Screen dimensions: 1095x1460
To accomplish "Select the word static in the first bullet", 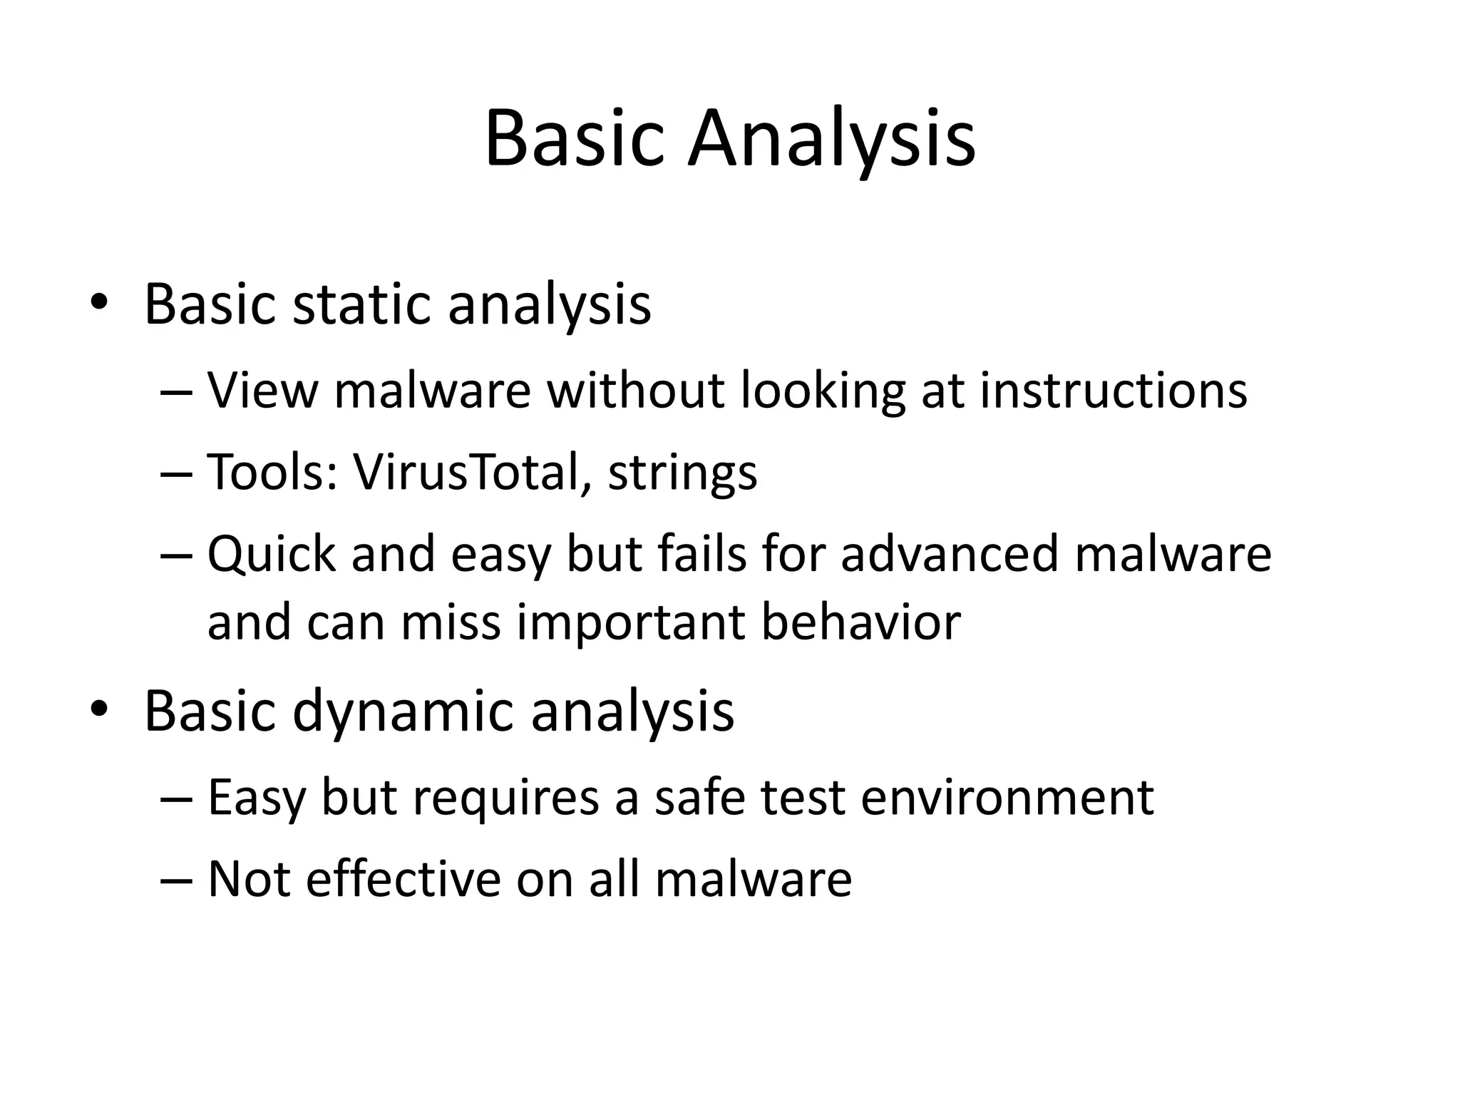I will click(x=363, y=305).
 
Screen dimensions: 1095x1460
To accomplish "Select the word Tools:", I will click(x=272, y=472).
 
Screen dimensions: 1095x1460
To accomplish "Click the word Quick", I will click(x=272, y=554).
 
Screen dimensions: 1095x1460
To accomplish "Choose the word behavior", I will click(x=860, y=622).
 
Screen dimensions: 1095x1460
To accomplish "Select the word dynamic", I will click(x=403, y=711).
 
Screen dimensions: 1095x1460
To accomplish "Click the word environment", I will click(x=1007, y=797).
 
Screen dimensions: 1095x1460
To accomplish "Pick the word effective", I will click(x=403, y=878).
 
